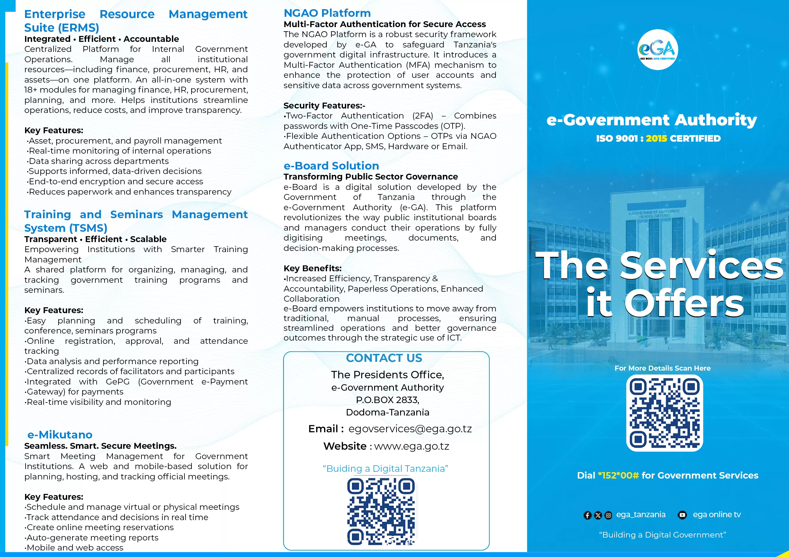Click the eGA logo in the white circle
tap(657, 50)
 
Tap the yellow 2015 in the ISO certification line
tap(656, 139)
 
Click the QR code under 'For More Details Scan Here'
tap(664, 413)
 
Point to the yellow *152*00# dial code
tap(618, 476)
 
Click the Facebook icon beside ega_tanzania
tap(587, 515)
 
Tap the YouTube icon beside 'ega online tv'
tap(682, 515)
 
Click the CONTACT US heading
tap(384, 358)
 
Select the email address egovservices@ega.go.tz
tap(410, 429)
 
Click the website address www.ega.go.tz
tap(411, 446)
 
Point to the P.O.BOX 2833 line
tap(387, 400)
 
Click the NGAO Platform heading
tap(327, 13)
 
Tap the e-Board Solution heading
tap(331, 166)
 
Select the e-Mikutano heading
tap(60, 435)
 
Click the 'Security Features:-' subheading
tap(324, 106)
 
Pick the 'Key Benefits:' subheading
tap(312, 268)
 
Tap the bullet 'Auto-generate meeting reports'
tap(93, 538)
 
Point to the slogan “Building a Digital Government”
tap(662, 535)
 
